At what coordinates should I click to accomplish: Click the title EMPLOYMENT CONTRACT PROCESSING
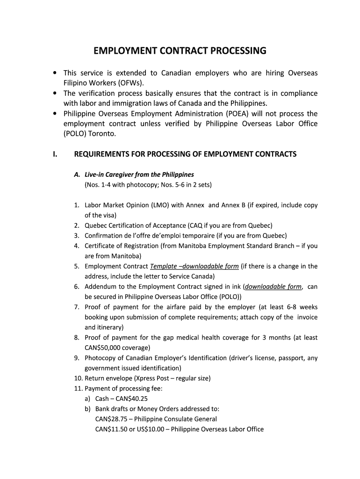180,51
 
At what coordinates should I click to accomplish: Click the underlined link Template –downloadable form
194,266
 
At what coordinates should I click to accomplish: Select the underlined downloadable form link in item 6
274,287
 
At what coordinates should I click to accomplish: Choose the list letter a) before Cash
88,399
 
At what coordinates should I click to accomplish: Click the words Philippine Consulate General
175,419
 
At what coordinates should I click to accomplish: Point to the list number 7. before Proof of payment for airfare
77,307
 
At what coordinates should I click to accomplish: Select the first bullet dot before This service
55,73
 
